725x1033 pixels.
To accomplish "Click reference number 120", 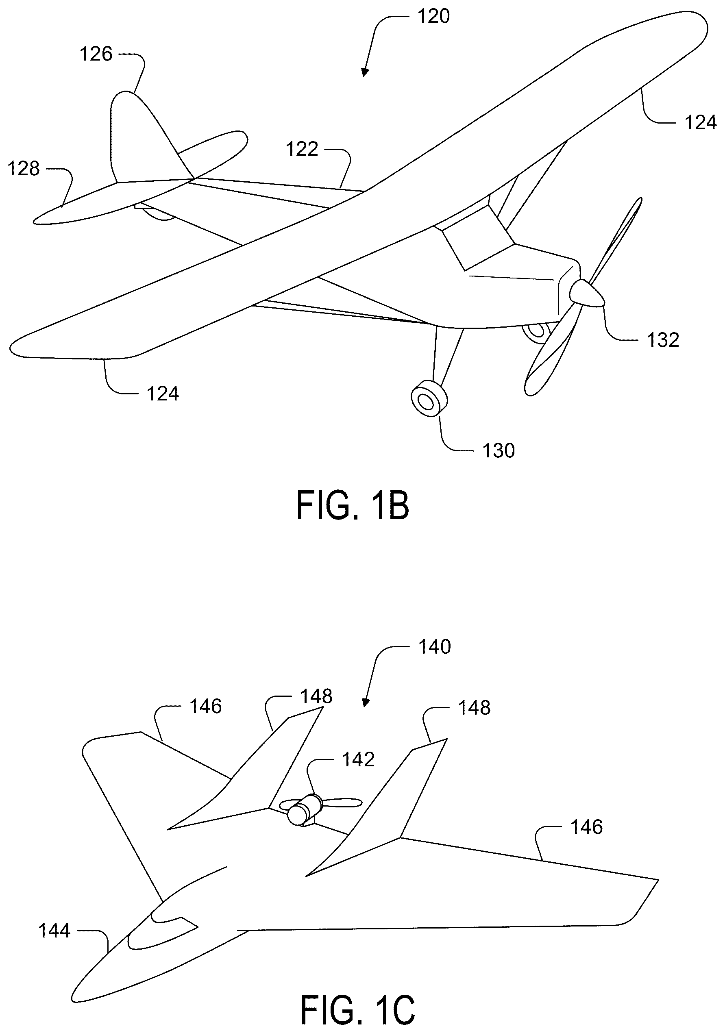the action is pyautogui.click(x=433, y=17).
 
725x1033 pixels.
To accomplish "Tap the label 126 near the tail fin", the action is pyautogui.click(x=96, y=54).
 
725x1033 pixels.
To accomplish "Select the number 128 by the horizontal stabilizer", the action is pyautogui.click(x=24, y=169).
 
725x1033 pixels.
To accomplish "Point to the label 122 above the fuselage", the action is pyautogui.click(x=302, y=149).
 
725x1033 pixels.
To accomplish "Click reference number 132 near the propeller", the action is pyautogui.click(x=663, y=340).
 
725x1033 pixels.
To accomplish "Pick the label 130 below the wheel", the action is pyautogui.click(x=499, y=450).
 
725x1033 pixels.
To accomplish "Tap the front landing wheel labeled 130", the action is pyautogui.click(x=429, y=398).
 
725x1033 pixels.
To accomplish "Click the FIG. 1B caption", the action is pyautogui.click(x=353, y=506).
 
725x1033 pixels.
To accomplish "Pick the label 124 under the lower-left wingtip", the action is pyautogui.click(x=163, y=394).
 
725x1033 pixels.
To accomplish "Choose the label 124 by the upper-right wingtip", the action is pyautogui.click(x=700, y=122).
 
